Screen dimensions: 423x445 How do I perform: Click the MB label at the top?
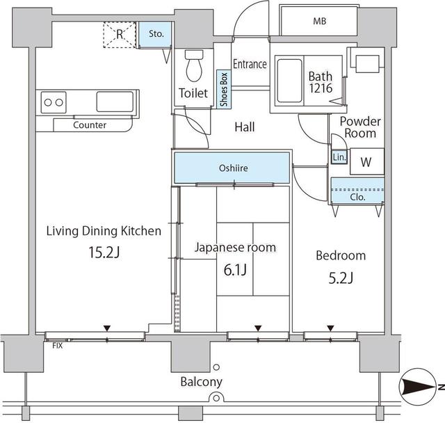tap(319, 21)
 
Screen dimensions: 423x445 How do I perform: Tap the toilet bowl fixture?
tap(193, 67)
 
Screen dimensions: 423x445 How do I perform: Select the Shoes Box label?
tap(224, 88)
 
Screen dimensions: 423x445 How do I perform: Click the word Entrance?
tap(250, 64)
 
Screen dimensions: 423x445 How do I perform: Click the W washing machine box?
tap(365, 162)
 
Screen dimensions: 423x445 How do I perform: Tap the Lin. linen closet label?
tap(338, 158)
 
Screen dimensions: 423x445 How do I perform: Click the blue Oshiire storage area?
tap(232, 168)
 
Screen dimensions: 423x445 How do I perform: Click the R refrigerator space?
tap(120, 33)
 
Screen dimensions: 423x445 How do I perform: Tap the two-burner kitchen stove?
tap(54, 103)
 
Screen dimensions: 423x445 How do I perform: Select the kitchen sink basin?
tap(118, 102)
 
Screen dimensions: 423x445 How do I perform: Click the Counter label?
tap(90, 125)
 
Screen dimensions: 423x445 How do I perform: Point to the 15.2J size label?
tap(104, 251)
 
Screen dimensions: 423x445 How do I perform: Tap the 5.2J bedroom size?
tap(340, 278)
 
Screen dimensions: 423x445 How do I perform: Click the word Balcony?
tap(201, 381)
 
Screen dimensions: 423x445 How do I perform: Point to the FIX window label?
tap(57, 344)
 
